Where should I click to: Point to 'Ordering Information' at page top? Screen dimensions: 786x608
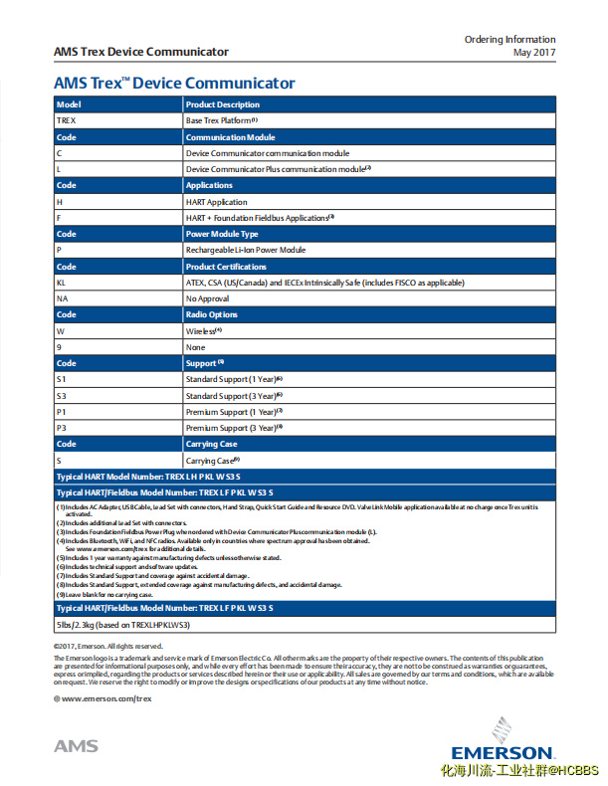pyautogui.click(x=509, y=39)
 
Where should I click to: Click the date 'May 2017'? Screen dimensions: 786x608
pyautogui.click(x=533, y=52)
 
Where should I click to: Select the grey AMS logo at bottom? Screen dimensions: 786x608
pyautogui.click(x=76, y=746)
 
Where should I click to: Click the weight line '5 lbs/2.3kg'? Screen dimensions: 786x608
pyautogui.click(x=122, y=624)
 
